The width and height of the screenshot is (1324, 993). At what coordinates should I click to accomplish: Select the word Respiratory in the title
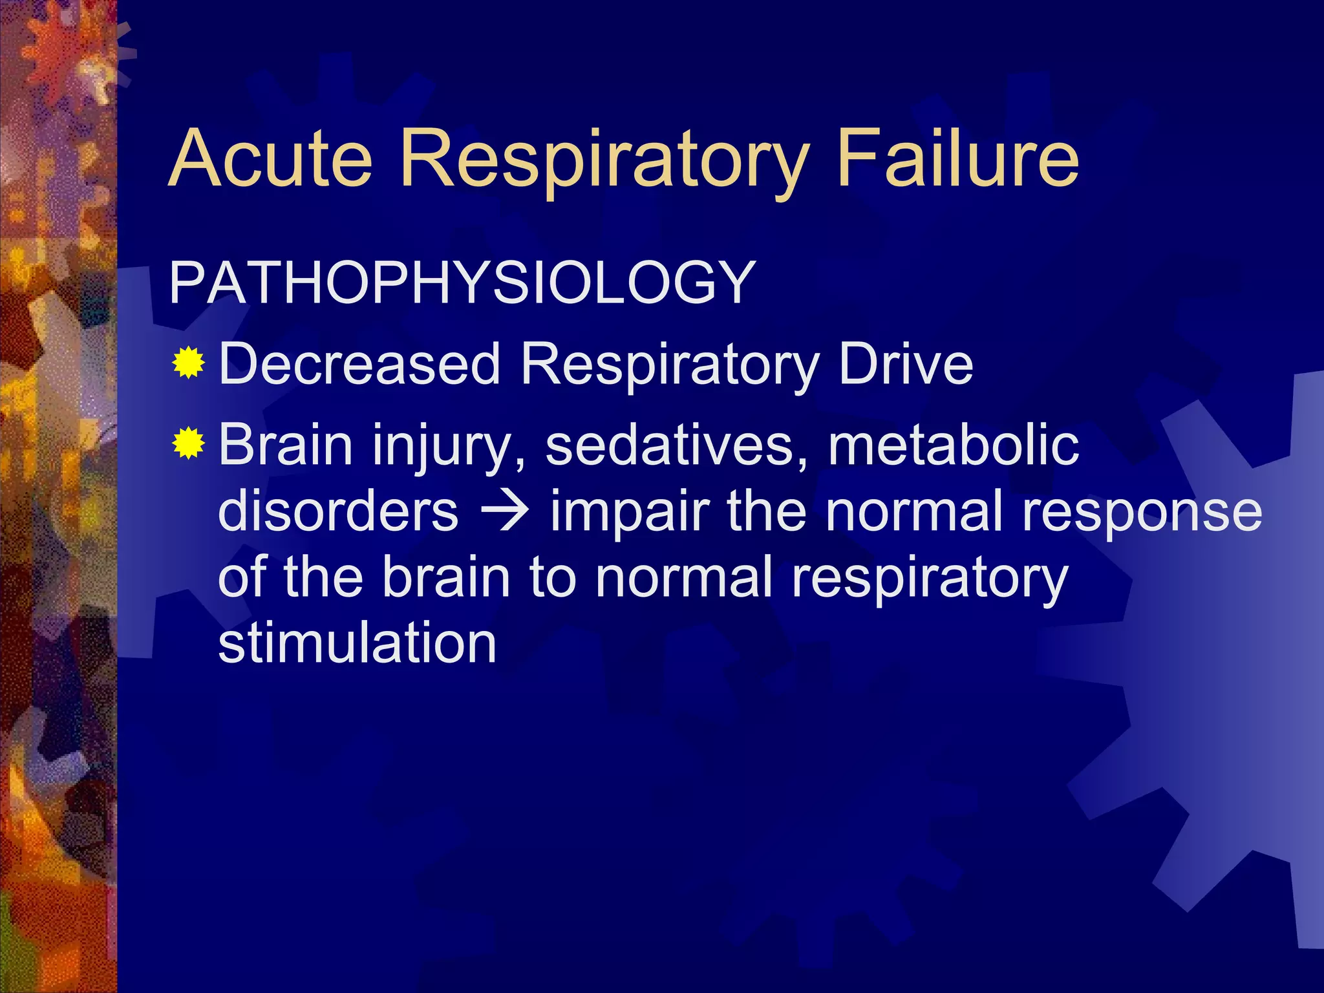(x=604, y=160)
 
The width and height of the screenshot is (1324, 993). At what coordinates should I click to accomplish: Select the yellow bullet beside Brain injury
(x=189, y=443)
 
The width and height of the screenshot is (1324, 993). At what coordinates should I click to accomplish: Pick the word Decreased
(x=360, y=364)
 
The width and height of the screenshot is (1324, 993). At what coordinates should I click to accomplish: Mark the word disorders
(x=339, y=511)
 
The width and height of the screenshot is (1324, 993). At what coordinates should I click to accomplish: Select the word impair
(x=630, y=512)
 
